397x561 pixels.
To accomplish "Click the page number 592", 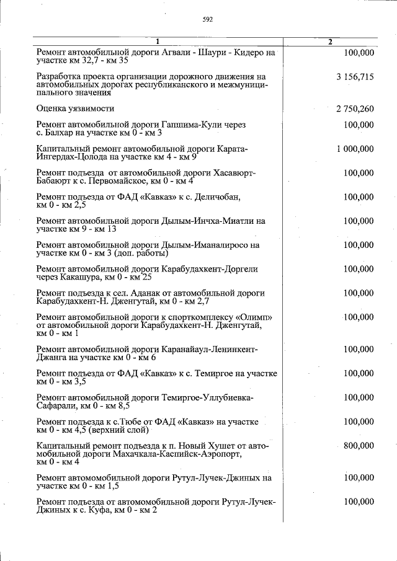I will (x=207, y=19).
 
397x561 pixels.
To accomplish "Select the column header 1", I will (x=158, y=42).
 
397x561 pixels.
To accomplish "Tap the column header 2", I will (x=330, y=42).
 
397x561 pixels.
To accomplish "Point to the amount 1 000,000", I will (x=355, y=149).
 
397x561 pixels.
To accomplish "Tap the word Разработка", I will (x=60, y=77).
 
